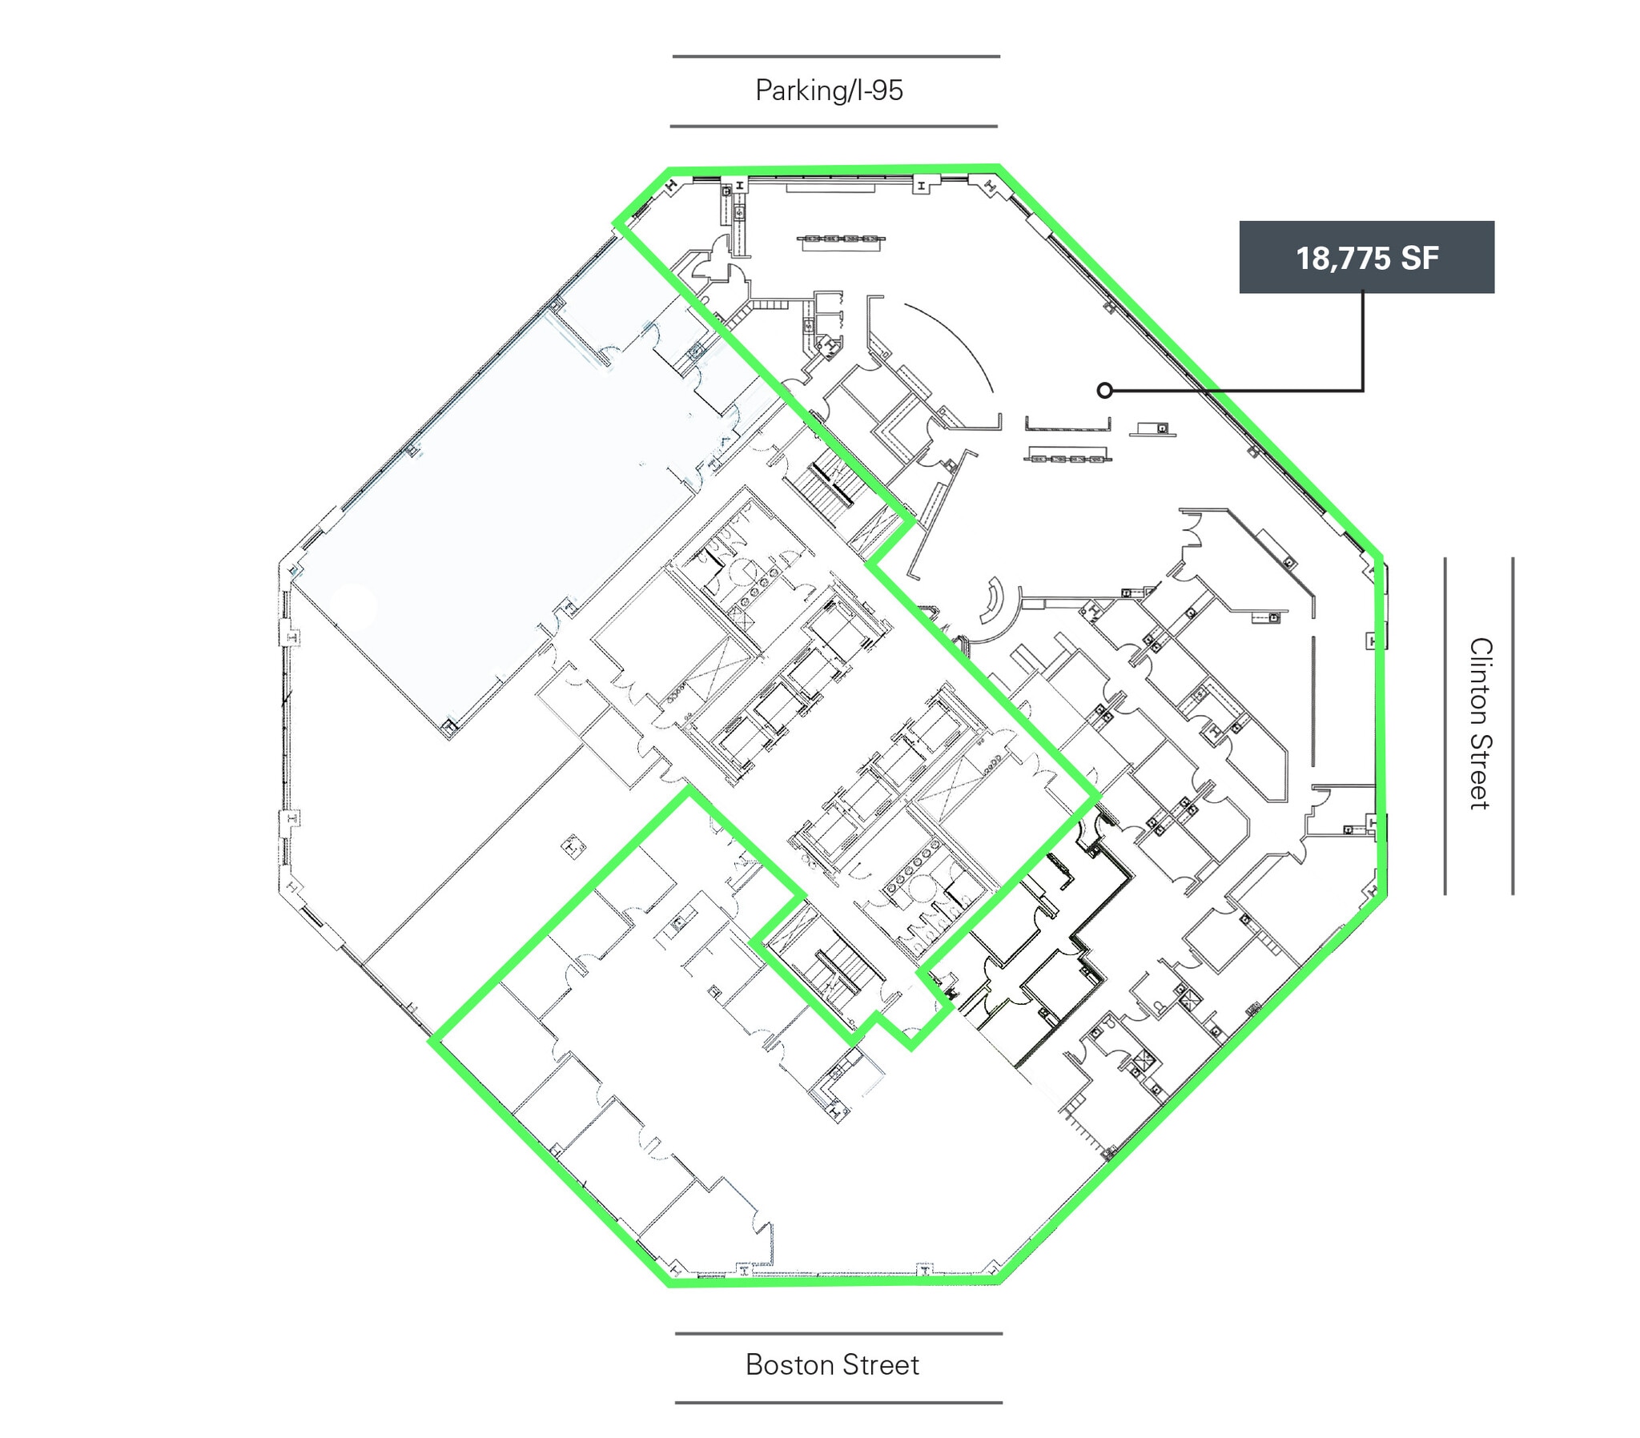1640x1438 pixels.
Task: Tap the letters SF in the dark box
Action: click(1419, 258)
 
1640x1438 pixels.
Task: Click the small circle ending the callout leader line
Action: click(1105, 391)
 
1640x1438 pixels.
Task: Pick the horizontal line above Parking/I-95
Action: click(836, 56)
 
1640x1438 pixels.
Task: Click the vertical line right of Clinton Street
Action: click(1513, 726)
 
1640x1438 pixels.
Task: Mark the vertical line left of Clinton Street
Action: click(1445, 726)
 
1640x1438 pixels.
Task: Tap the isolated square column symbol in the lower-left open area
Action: click(573, 846)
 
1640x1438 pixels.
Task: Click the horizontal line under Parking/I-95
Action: click(834, 126)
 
